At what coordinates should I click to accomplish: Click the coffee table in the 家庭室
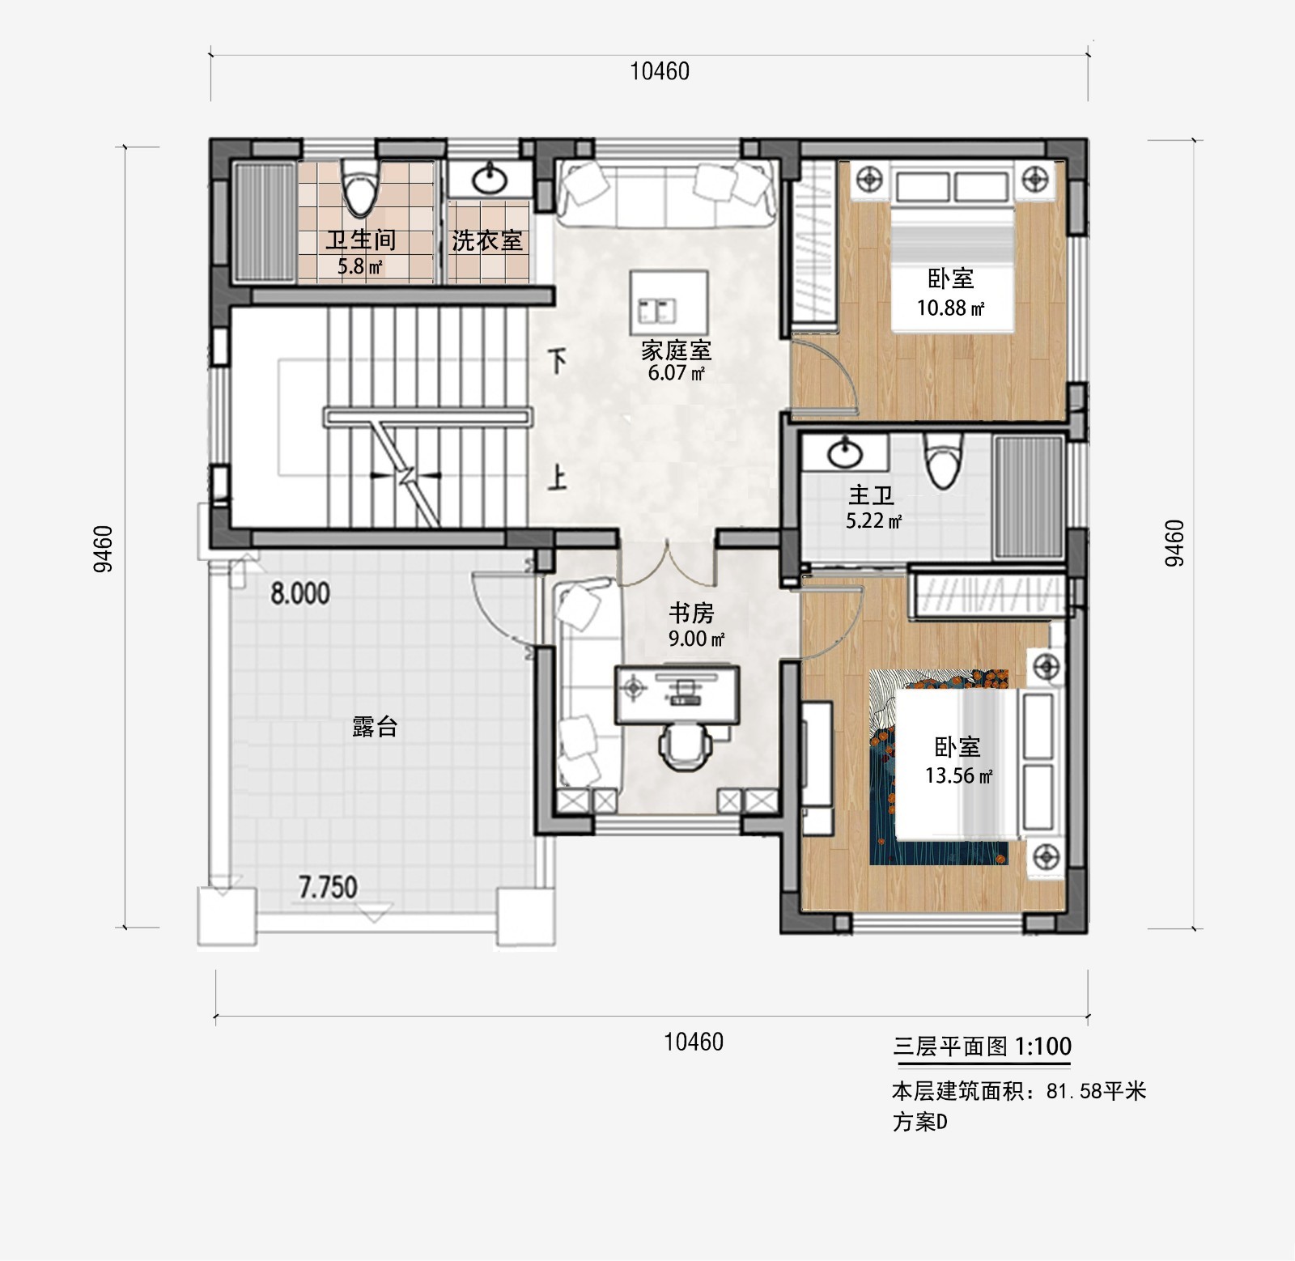click(x=669, y=301)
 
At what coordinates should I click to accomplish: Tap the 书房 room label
click(x=691, y=613)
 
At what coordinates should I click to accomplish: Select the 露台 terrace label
click(x=375, y=726)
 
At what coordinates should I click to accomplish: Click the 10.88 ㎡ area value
click(x=950, y=308)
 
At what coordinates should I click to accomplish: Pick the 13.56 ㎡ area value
click(x=959, y=775)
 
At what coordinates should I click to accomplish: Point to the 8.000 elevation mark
click(x=300, y=594)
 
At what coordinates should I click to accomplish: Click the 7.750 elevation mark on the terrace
click(x=328, y=887)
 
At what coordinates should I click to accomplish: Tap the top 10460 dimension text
click(x=660, y=71)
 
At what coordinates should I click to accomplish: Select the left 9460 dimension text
click(x=104, y=549)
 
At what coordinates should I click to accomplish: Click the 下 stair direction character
click(x=558, y=362)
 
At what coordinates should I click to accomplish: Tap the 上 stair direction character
click(x=557, y=478)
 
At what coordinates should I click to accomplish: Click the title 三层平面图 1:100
click(x=983, y=1047)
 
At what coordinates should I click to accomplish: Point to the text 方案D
click(x=920, y=1123)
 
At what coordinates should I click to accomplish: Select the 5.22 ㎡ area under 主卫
click(x=874, y=521)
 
